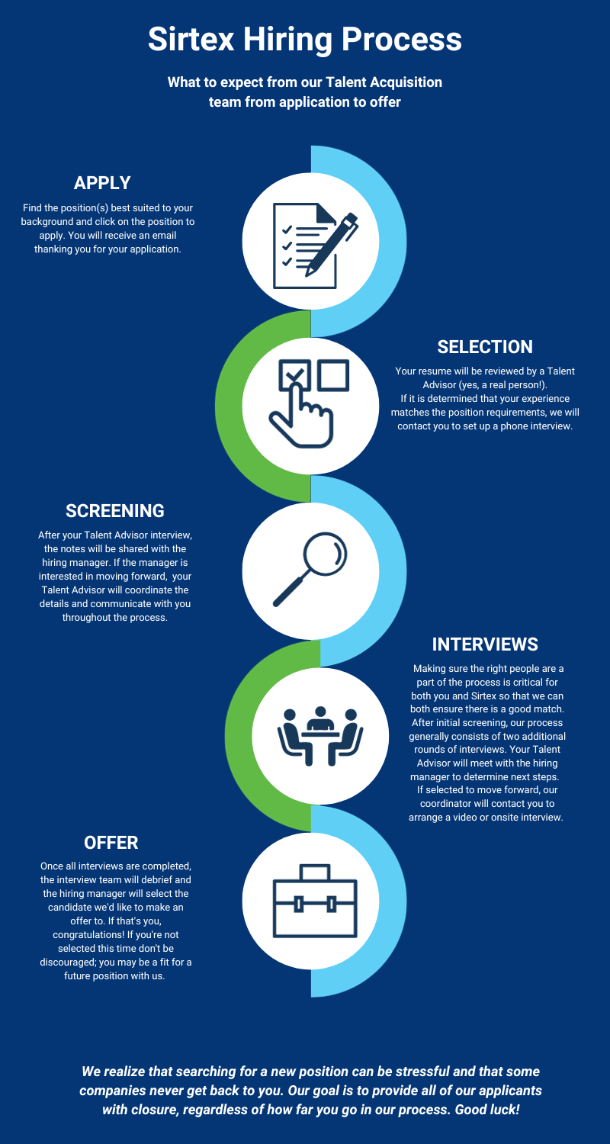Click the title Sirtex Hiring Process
(x=305, y=38)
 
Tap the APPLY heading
(x=102, y=183)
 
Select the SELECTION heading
(x=485, y=346)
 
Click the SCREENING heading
(x=115, y=510)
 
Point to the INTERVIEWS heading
(x=485, y=644)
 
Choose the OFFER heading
(x=111, y=842)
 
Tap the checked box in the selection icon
(x=295, y=376)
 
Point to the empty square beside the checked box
(x=332, y=375)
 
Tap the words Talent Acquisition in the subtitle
(x=348, y=82)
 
